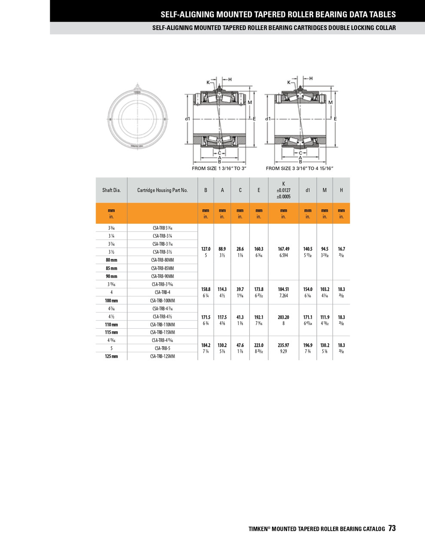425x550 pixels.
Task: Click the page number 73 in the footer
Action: pyautogui.click(x=391, y=529)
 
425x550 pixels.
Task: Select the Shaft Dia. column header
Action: pyautogui.click(x=111, y=190)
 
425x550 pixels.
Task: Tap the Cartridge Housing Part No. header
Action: pyautogui.click(x=162, y=190)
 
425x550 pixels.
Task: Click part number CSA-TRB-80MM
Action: pyautogui.click(x=162, y=260)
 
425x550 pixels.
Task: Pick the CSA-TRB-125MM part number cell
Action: pyautogui.click(x=162, y=356)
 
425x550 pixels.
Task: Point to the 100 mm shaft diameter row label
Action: pyautogui.click(x=111, y=300)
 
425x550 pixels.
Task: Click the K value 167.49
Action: pyautogui.click(x=283, y=249)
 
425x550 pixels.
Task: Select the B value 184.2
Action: pyautogui.click(x=206, y=345)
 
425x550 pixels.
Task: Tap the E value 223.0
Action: pyautogui.click(x=259, y=345)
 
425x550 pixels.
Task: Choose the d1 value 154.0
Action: pyautogui.click(x=308, y=290)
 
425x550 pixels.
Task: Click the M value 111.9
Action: pyautogui.click(x=324, y=317)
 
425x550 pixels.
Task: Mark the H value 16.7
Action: pyautogui.click(x=341, y=249)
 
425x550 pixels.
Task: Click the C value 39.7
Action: pyautogui.click(x=240, y=290)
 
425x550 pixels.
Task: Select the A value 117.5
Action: pyautogui.click(x=222, y=317)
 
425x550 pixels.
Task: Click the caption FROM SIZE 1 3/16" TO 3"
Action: pyautogui.click(x=219, y=168)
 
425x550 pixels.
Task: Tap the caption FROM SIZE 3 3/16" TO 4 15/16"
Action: pyautogui.click(x=300, y=168)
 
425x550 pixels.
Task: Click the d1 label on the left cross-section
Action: pyautogui.click(x=187, y=119)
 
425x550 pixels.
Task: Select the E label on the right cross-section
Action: pyautogui.click(x=335, y=119)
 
